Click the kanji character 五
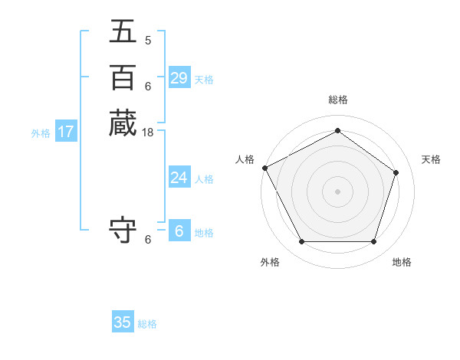click(x=123, y=32)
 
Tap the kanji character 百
click(x=123, y=77)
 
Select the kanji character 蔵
click(x=123, y=123)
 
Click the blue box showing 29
click(x=179, y=77)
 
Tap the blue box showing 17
click(x=66, y=132)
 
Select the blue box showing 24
click(x=179, y=178)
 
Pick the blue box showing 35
click(x=123, y=322)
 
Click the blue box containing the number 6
click(x=179, y=231)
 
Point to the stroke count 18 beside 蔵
click(x=148, y=133)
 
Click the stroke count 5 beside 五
click(x=148, y=41)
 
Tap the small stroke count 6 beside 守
click(x=148, y=240)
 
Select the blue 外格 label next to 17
click(x=41, y=133)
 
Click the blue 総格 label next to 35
click(x=147, y=324)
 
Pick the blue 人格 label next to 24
click(x=204, y=179)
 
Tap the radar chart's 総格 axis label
click(x=338, y=100)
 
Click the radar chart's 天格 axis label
click(x=431, y=159)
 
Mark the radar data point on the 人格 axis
click(x=264, y=168)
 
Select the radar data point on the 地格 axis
click(x=373, y=241)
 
